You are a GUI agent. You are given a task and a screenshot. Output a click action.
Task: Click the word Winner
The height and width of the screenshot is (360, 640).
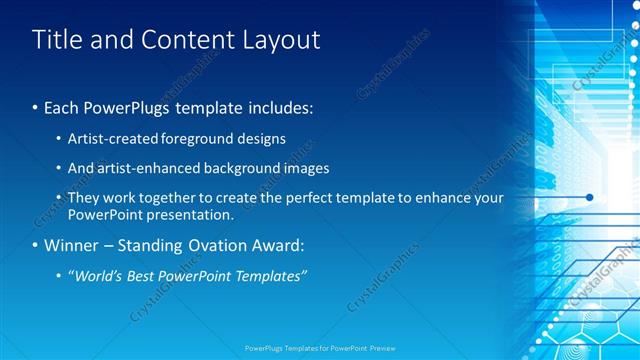(x=70, y=245)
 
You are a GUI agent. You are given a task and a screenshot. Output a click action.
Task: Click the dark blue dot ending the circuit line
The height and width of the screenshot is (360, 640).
(x=590, y=197)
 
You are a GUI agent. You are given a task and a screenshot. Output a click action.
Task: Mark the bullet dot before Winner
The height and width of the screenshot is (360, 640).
(x=36, y=245)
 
